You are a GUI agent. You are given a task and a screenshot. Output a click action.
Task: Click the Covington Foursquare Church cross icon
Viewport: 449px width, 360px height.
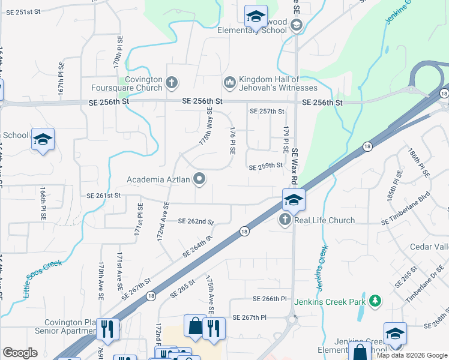(x=172, y=82)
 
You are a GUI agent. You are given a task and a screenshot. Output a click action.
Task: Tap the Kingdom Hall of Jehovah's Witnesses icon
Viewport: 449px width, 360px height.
(x=229, y=82)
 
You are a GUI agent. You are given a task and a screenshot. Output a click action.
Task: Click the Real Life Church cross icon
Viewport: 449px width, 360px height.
(x=285, y=220)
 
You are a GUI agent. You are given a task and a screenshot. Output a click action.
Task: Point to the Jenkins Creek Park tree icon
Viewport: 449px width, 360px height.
(x=375, y=299)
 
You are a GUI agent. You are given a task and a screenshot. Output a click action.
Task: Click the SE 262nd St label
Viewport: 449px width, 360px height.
(x=196, y=221)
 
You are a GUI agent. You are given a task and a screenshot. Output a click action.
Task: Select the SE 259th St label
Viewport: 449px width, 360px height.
(x=265, y=166)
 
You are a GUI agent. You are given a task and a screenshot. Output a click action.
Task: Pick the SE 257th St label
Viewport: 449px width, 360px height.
(x=266, y=112)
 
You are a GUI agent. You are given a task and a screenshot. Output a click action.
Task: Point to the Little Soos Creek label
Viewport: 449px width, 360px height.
(x=43, y=279)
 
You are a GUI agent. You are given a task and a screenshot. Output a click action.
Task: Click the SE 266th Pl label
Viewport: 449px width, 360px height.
(x=270, y=299)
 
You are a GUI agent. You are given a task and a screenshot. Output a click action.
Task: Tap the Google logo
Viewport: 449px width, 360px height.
(x=20, y=353)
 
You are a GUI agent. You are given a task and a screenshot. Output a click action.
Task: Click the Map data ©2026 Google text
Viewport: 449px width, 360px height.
(x=412, y=355)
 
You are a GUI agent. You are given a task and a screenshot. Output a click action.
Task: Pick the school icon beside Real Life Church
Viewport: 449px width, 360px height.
(x=294, y=200)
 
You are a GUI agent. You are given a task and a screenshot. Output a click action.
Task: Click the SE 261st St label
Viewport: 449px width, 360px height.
(x=104, y=196)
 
